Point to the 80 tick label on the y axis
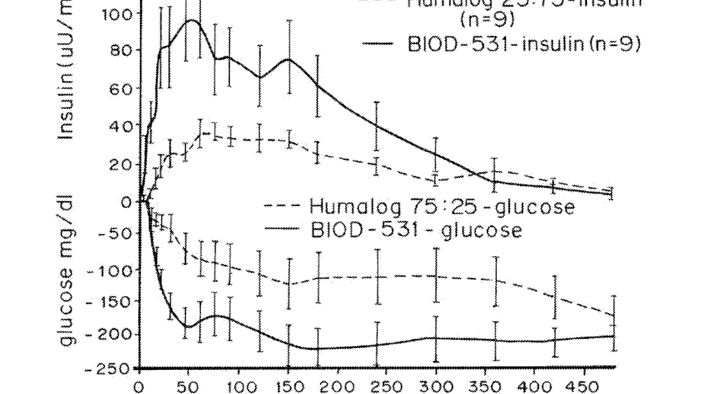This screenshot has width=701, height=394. point(119,50)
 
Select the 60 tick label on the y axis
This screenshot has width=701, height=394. point(119,88)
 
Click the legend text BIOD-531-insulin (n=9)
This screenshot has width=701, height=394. point(524,44)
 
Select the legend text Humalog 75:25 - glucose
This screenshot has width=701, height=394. point(443,207)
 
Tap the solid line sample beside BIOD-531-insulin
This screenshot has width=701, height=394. point(378,44)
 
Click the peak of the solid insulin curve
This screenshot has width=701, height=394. point(191,20)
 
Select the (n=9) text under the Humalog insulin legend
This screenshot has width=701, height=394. point(487,20)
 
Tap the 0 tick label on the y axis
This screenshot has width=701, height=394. point(127,201)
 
